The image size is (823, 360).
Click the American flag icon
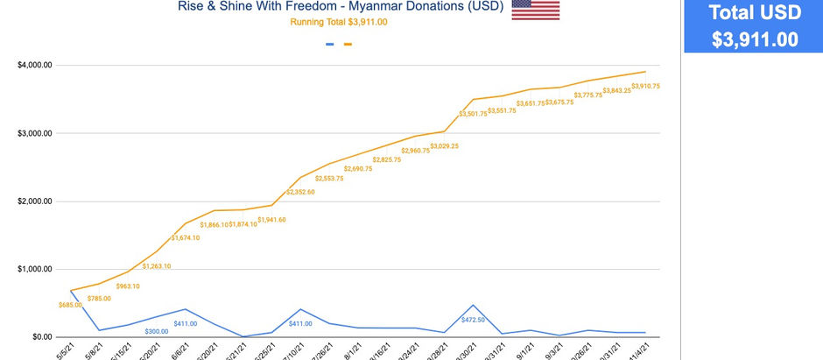tap(535, 9)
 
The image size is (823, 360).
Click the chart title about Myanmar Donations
tap(341, 7)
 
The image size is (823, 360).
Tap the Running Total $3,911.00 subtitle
tap(339, 22)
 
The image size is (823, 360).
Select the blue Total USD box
tap(753, 26)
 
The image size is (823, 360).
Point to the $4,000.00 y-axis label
tap(35, 65)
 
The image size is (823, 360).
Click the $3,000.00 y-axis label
tap(35, 133)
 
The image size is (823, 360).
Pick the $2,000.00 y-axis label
tap(35, 201)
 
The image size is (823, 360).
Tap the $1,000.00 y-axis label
tap(35, 269)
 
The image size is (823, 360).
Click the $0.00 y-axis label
tap(40, 337)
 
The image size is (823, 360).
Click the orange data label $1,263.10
tap(157, 265)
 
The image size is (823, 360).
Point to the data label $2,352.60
tap(300, 192)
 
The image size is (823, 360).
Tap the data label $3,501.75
tap(473, 113)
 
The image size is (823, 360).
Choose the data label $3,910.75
tap(645, 86)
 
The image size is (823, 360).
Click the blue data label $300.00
tap(157, 332)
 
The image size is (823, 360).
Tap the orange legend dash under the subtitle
tap(348, 44)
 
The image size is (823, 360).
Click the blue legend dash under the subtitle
tap(329, 44)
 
